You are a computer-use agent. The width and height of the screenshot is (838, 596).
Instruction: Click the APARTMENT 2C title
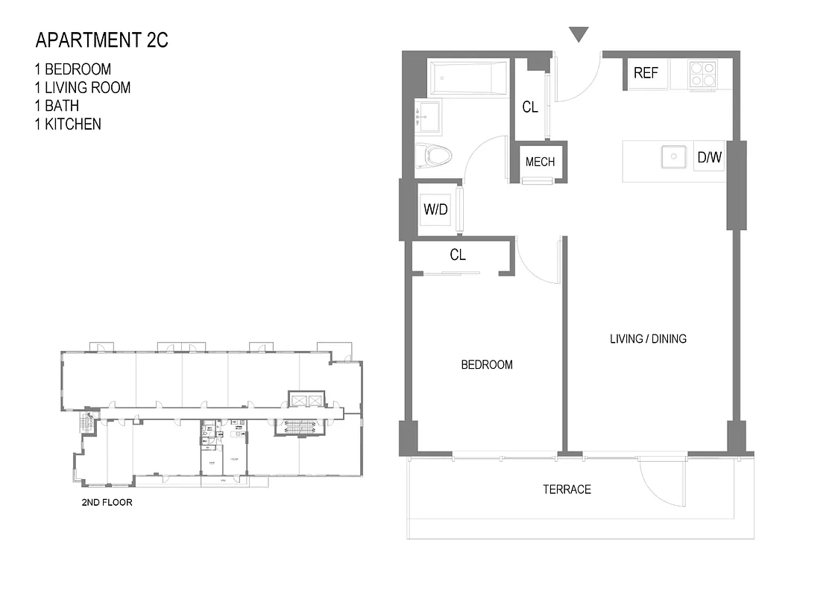pos(101,40)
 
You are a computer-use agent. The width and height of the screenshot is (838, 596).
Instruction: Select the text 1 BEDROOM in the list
pos(72,69)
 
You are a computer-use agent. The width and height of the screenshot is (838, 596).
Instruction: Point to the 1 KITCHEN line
pos(67,124)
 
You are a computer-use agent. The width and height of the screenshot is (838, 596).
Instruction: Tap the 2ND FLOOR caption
pos(107,503)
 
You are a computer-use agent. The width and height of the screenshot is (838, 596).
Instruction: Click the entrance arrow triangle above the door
pos(579,34)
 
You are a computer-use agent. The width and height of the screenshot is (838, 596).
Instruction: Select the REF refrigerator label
pos(646,73)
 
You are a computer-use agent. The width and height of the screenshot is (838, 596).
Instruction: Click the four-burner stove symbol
pos(702,74)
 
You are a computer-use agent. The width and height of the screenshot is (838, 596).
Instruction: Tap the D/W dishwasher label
pos(709,157)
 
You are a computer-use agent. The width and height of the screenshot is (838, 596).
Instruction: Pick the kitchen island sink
pos(673,157)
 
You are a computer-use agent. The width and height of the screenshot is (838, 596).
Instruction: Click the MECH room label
pos(540,162)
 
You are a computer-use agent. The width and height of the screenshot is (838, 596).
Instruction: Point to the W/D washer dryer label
pos(435,209)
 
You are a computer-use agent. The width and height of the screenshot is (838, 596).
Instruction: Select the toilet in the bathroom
pos(433,156)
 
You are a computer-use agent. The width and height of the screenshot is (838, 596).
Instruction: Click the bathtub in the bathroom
pos(467,77)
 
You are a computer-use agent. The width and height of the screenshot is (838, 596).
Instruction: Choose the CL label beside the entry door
pos(529,107)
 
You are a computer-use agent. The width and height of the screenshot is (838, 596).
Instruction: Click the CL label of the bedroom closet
pos(458,255)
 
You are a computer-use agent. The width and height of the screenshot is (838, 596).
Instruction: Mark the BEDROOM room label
pos(486,365)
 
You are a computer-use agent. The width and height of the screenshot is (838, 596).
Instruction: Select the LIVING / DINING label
pos(648,339)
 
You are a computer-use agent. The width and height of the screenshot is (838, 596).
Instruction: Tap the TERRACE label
pos(567,489)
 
